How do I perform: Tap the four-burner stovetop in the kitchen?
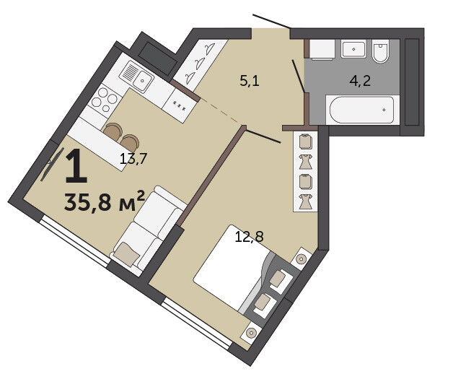(x=105, y=99)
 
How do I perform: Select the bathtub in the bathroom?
(x=361, y=110)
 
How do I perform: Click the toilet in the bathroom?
(x=380, y=51)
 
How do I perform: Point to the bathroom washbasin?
(x=353, y=48)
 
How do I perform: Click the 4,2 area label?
(x=360, y=81)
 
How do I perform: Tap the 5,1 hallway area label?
(x=250, y=80)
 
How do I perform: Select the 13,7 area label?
(x=133, y=159)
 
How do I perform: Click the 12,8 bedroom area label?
(x=250, y=237)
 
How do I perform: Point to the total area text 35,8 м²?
(x=105, y=201)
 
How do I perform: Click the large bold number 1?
(x=76, y=167)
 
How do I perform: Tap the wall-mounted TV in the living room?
(x=52, y=165)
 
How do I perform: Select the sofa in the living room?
(x=149, y=230)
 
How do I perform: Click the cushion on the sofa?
(x=127, y=254)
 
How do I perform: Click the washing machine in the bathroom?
(x=322, y=50)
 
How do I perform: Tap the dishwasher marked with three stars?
(x=180, y=105)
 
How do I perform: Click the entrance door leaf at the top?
(x=271, y=21)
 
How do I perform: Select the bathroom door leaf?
(x=299, y=77)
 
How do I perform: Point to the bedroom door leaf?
(x=263, y=136)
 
